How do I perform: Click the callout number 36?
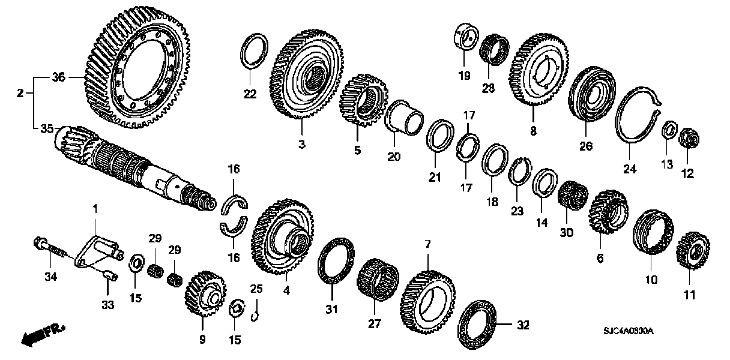pos(58,77)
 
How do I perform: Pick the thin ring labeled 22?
pos(254,52)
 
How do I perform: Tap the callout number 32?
pos(523,326)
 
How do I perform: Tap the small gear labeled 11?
pos(690,251)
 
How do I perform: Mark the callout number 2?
pos(20,94)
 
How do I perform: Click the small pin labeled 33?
pos(109,275)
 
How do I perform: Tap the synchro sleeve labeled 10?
pos(653,239)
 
